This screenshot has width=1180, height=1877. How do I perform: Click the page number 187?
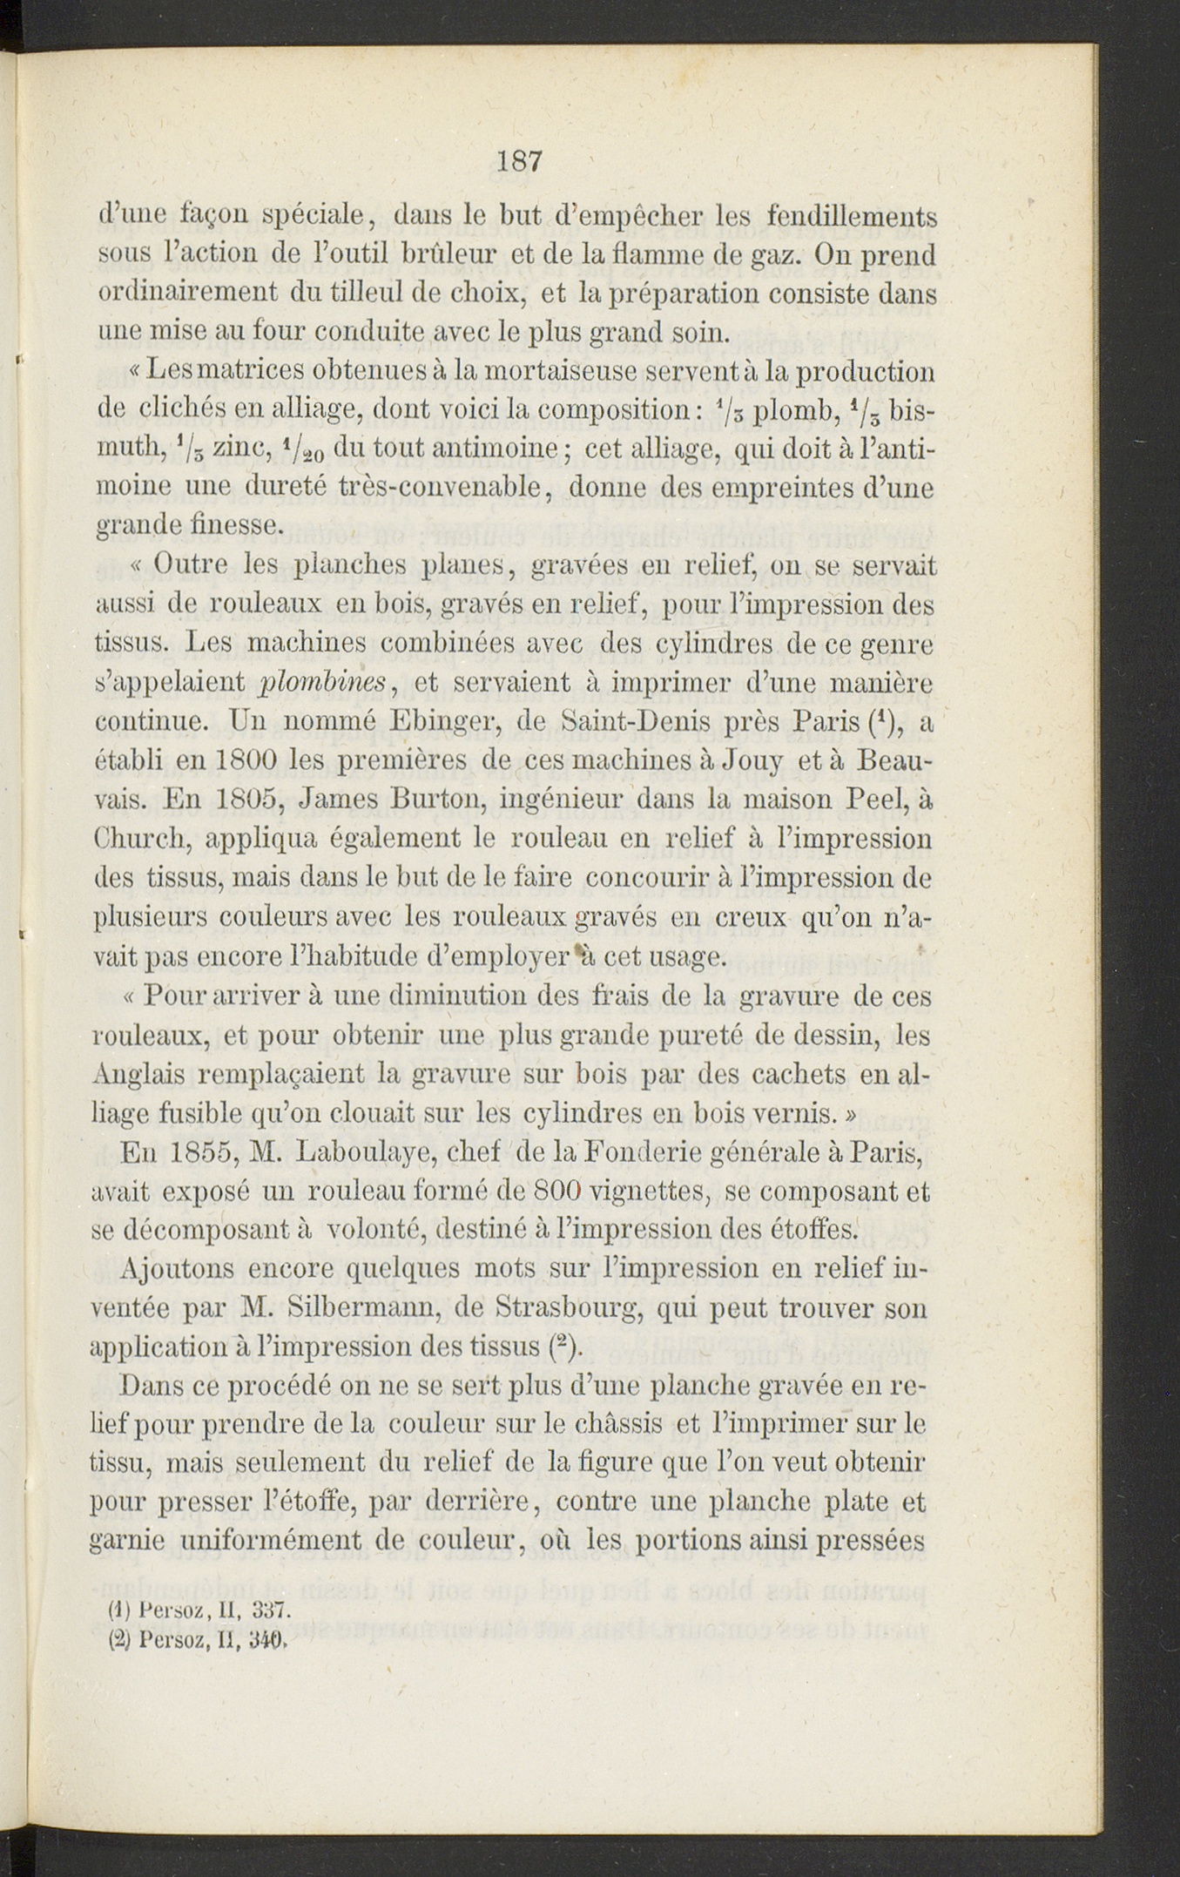tap(521, 161)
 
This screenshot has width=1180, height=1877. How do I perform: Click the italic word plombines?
tap(323, 683)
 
